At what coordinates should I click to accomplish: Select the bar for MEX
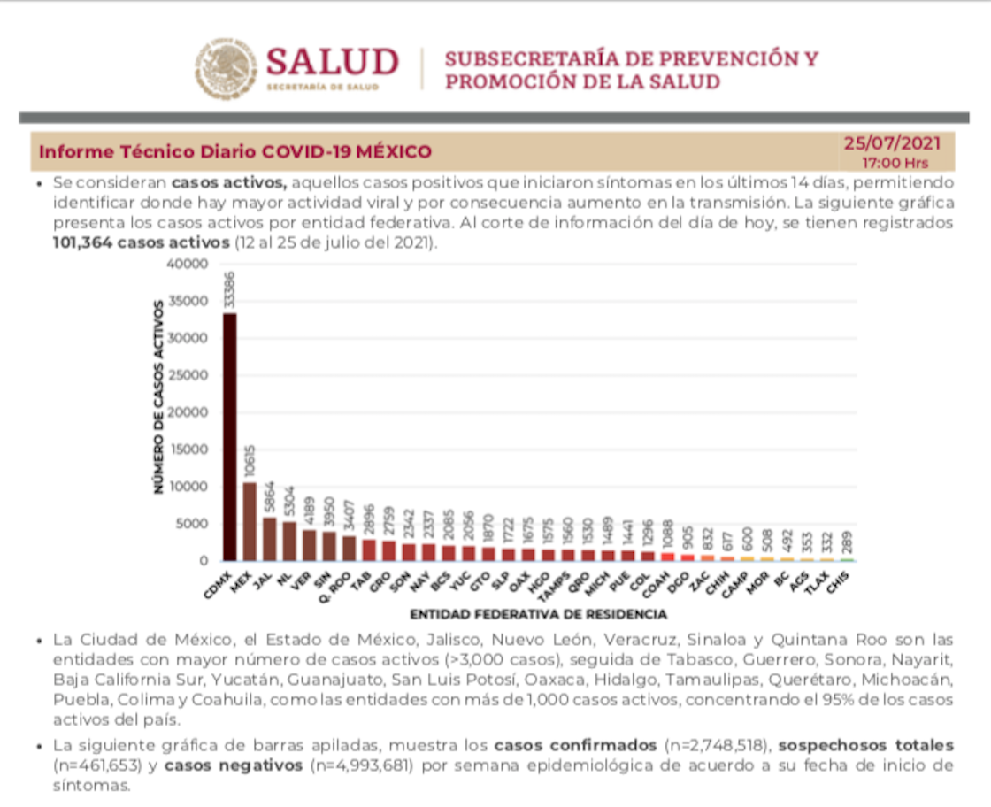point(250,521)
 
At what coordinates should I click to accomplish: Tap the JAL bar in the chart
point(269,539)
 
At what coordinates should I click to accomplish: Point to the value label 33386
point(229,291)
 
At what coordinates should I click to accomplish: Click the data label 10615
point(250,460)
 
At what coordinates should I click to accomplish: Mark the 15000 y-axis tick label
point(193,450)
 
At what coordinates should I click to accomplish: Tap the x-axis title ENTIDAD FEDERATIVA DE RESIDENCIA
point(538,613)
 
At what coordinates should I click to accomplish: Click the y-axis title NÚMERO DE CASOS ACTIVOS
point(159,396)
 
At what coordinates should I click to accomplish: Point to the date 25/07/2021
point(891,143)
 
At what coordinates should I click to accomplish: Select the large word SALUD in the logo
point(332,62)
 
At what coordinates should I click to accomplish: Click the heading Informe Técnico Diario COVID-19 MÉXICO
point(235,152)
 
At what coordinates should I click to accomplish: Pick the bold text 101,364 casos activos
point(142,242)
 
